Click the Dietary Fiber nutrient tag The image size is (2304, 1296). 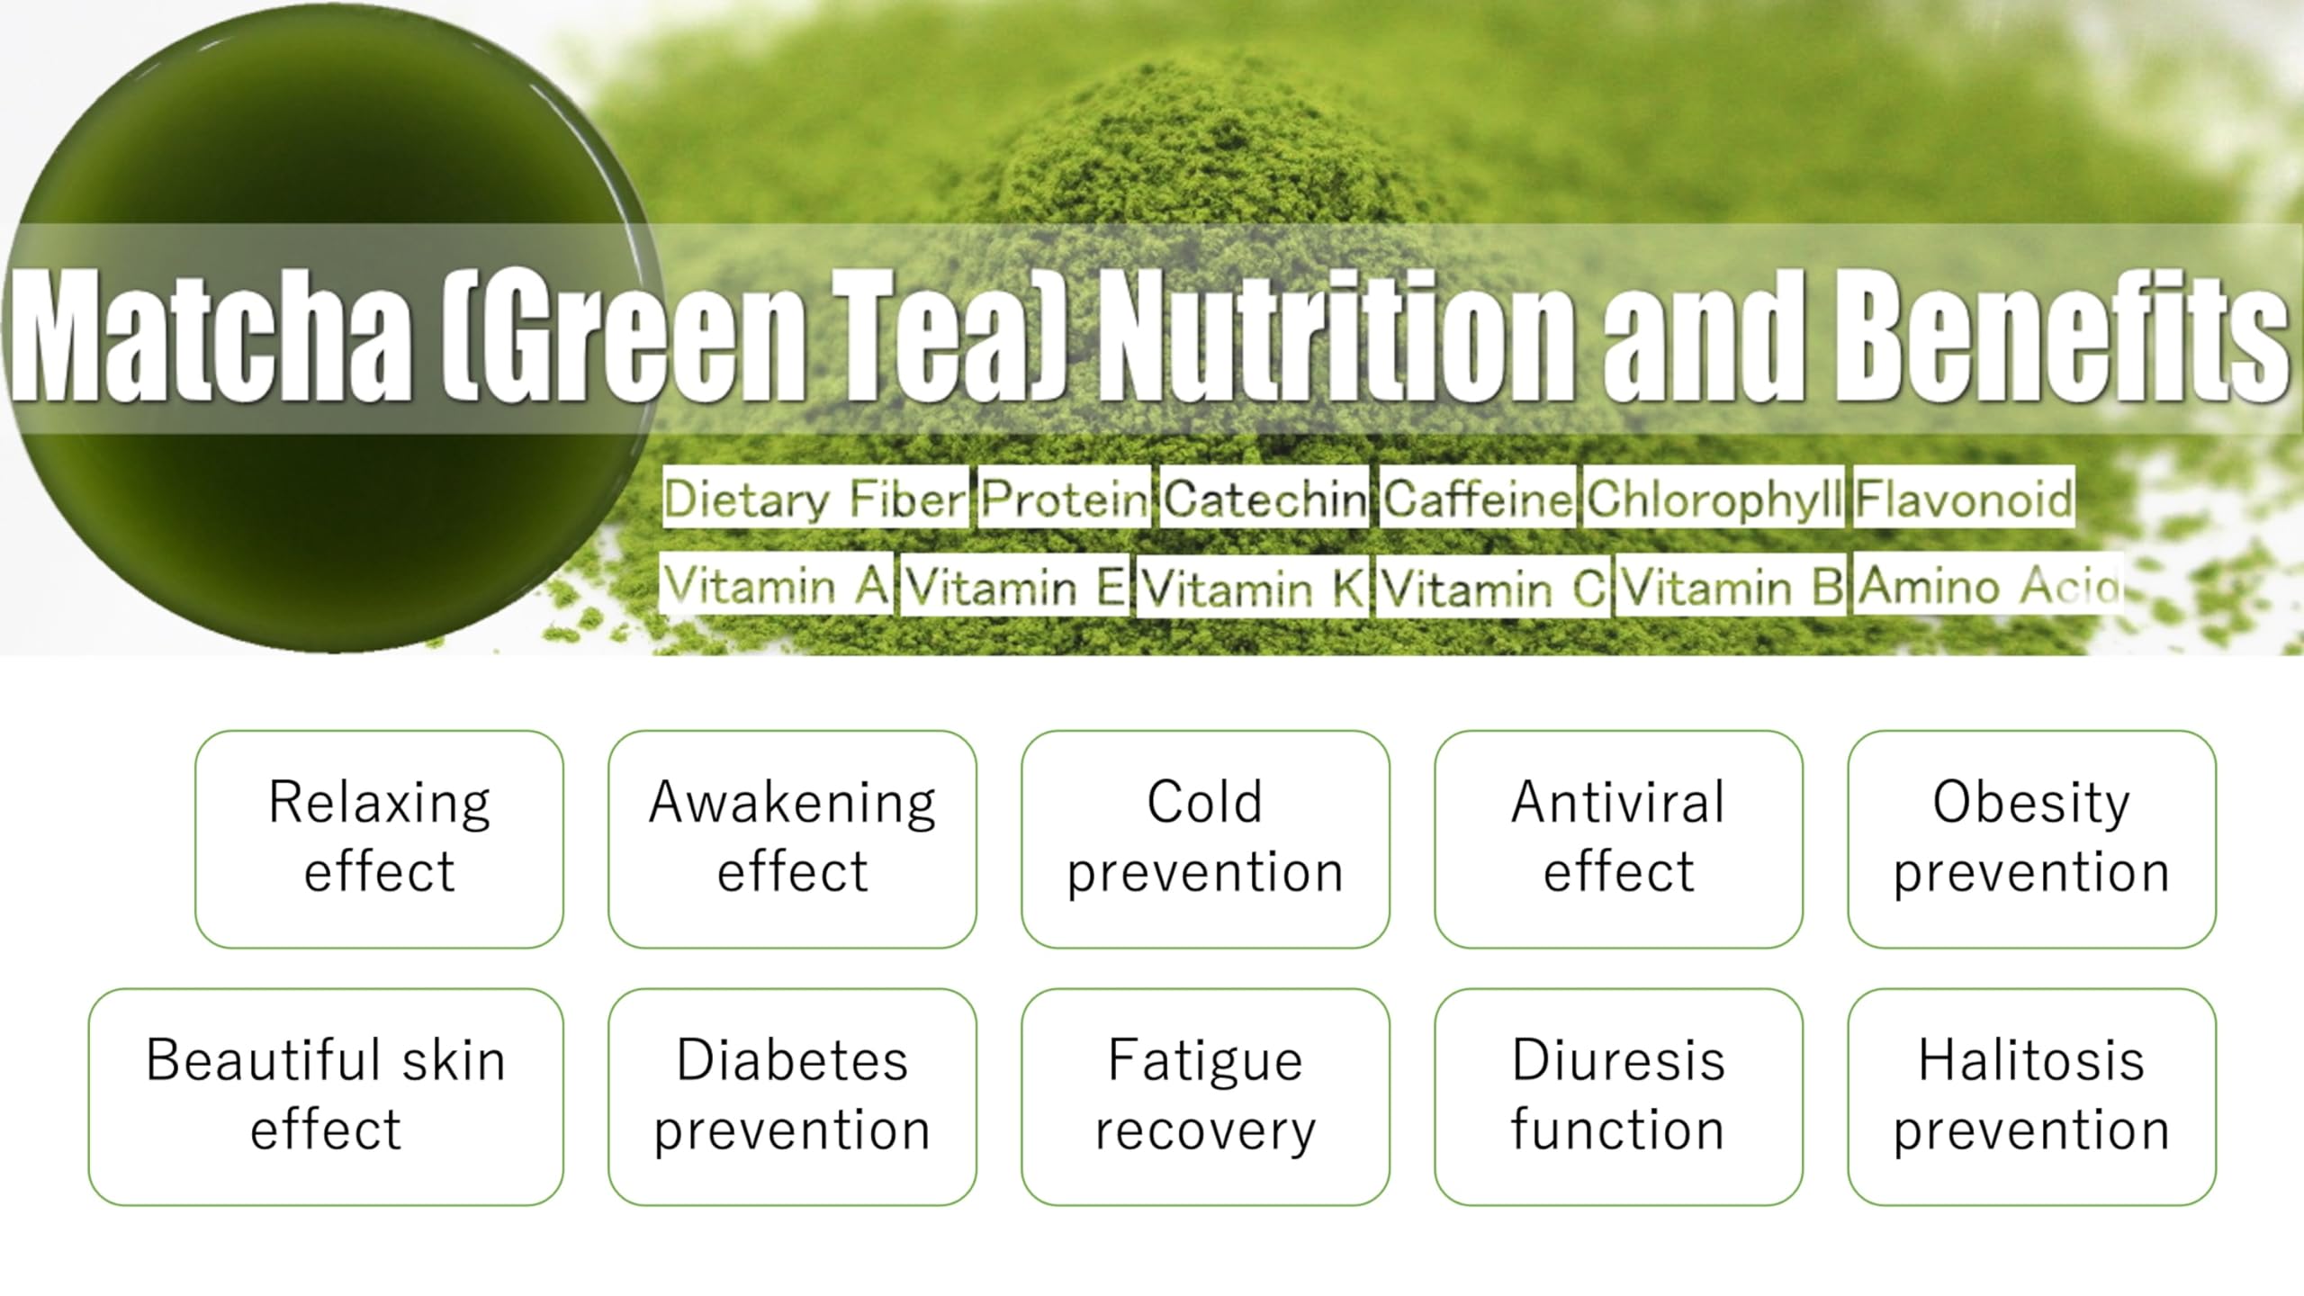pos(814,497)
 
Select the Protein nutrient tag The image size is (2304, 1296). pos(1065,497)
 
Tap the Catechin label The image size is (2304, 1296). pos(1264,497)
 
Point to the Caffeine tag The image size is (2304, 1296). pos(1478,497)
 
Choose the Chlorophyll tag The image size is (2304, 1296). pos(1714,497)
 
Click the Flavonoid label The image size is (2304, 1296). pos(1964,497)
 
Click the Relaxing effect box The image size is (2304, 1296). pos(379,839)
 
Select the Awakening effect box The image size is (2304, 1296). pos(792,839)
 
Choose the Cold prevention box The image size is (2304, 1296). pos(1205,839)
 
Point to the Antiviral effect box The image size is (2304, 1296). pos(1618,839)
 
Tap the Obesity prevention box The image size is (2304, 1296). pos(2031,839)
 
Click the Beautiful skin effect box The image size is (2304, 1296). pos(326,1096)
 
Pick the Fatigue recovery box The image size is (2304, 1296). pos(1205,1096)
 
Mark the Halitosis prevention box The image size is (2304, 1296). pos(2031,1096)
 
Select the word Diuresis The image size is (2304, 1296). pos(1618,1060)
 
